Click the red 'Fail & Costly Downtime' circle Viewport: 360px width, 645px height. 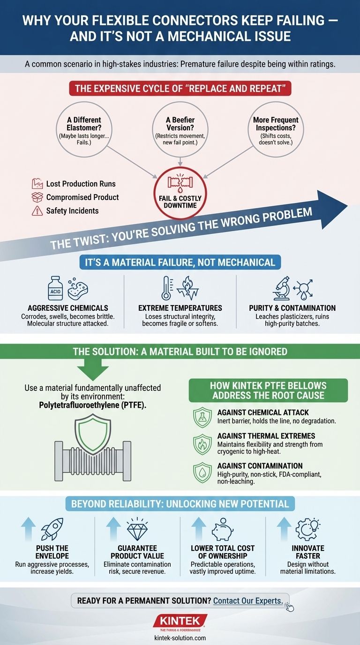[180, 195]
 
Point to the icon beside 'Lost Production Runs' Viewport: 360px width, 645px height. [37, 184]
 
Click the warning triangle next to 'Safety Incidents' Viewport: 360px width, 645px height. [37, 211]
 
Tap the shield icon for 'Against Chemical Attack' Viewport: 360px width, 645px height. [202, 418]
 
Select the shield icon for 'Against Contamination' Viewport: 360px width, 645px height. [202, 473]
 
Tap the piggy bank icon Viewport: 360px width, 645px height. [222, 529]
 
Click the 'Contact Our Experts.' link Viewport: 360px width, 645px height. [248, 600]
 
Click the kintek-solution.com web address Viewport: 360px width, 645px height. [180, 638]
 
